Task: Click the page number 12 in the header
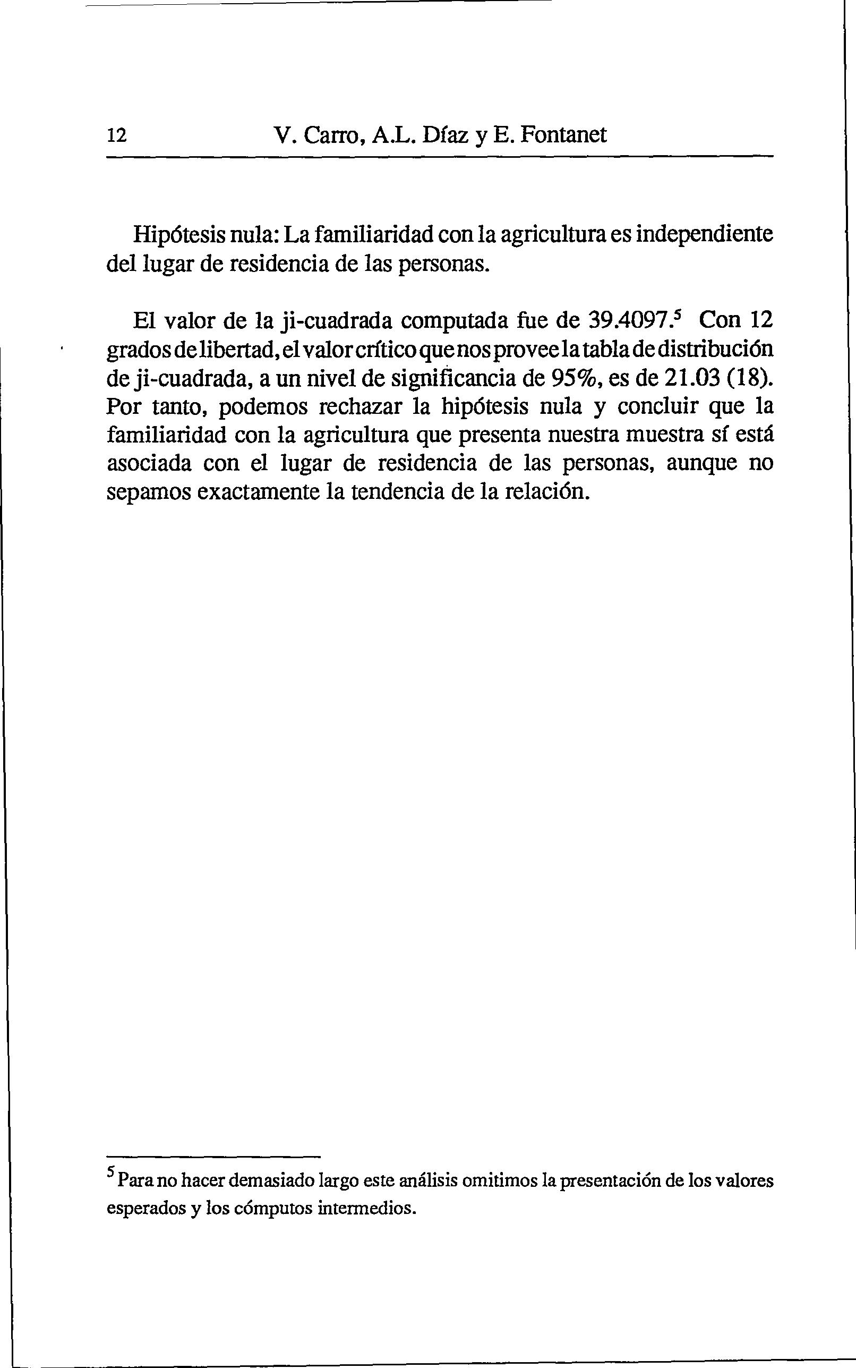click(117, 135)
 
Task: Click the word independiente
click(705, 234)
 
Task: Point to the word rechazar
click(363, 406)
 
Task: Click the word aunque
click(700, 463)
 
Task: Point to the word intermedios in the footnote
click(367, 1208)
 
